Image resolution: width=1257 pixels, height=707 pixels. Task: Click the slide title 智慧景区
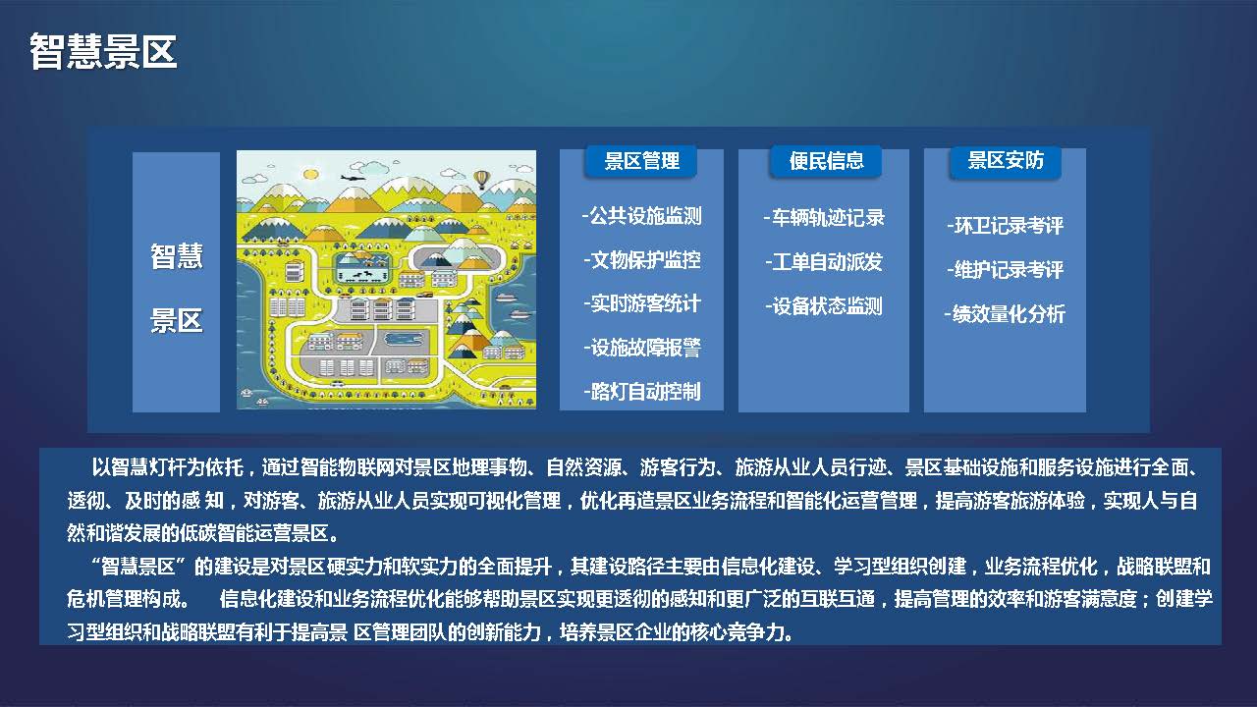(x=103, y=52)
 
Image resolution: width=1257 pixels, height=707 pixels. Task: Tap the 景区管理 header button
(x=641, y=162)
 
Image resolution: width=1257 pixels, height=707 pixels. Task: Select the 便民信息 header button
(x=826, y=162)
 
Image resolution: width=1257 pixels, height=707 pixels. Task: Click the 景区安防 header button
(x=1006, y=162)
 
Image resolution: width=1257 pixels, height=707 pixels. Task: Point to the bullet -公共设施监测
(x=642, y=215)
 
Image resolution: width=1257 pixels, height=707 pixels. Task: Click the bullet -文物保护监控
(x=642, y=260)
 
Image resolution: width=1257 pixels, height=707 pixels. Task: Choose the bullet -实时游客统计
(x=642, y=303)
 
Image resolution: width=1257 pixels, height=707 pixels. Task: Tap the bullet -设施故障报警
(x=642, y=348)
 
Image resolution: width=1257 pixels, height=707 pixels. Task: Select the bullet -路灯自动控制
(x=642, y=392)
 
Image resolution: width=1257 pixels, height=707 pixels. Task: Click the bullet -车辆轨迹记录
(x=824, y=218)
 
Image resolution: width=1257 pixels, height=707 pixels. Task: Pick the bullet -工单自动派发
(x=824, y=262)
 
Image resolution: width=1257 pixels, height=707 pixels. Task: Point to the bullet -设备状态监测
(x=824, y=306)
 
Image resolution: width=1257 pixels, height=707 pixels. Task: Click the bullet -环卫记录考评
(x=1005, y=226)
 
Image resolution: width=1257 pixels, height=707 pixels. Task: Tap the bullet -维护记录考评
(x=1005, y=270)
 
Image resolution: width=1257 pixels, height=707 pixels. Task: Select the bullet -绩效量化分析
(x=1005, y=314)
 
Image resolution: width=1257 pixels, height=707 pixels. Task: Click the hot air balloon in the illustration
(x=481, y=180)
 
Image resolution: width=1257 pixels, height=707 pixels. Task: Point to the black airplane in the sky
(x=353, y=178)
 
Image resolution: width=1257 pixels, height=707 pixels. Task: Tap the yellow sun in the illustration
(x=310, y=175)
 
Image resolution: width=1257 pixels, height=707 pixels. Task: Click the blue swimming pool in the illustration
(x=403, y=339)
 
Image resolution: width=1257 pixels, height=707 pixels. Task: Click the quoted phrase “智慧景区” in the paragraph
(x=138, y=567)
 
